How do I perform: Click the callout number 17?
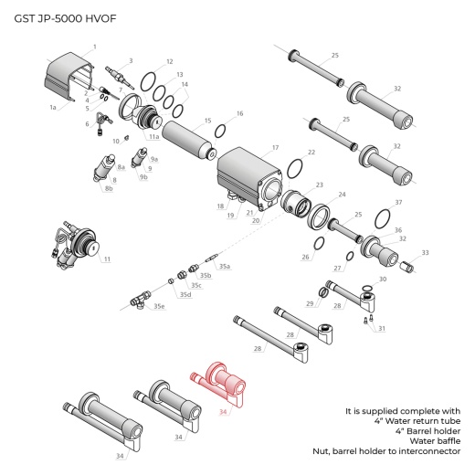[x=275, y=146]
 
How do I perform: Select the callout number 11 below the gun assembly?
[x=107, y=259]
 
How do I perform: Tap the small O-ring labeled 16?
[x=220, y=131]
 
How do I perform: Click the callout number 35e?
[x=159, y=306]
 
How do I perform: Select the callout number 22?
[x=311, y=152]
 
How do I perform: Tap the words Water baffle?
[x=433, y=439]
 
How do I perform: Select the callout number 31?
[x=382, y=328]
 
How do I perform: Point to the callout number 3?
[x=131, y=60]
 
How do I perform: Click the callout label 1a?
[x=53, y=107]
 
